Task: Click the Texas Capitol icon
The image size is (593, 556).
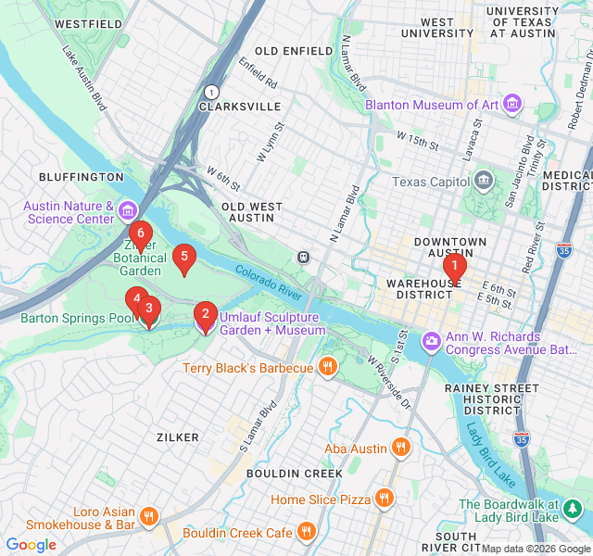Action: click(483, 180)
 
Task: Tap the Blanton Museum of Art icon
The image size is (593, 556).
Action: click(512, 106)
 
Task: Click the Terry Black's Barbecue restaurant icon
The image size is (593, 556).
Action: click(327, 368)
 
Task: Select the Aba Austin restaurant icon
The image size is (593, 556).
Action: click(400, 449)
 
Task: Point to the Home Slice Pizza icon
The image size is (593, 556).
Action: click(384, 499)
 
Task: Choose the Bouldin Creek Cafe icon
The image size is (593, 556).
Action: click(307, 532)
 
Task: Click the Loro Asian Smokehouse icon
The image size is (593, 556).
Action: click(149, 516)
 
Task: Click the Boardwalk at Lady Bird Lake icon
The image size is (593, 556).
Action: click(573, 509)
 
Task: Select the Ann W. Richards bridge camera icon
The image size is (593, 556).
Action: click(432, 342)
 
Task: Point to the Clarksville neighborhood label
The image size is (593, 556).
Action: click(239, 107)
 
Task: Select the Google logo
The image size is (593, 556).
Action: click(32, 545)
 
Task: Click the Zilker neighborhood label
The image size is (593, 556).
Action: click(177, 436)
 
